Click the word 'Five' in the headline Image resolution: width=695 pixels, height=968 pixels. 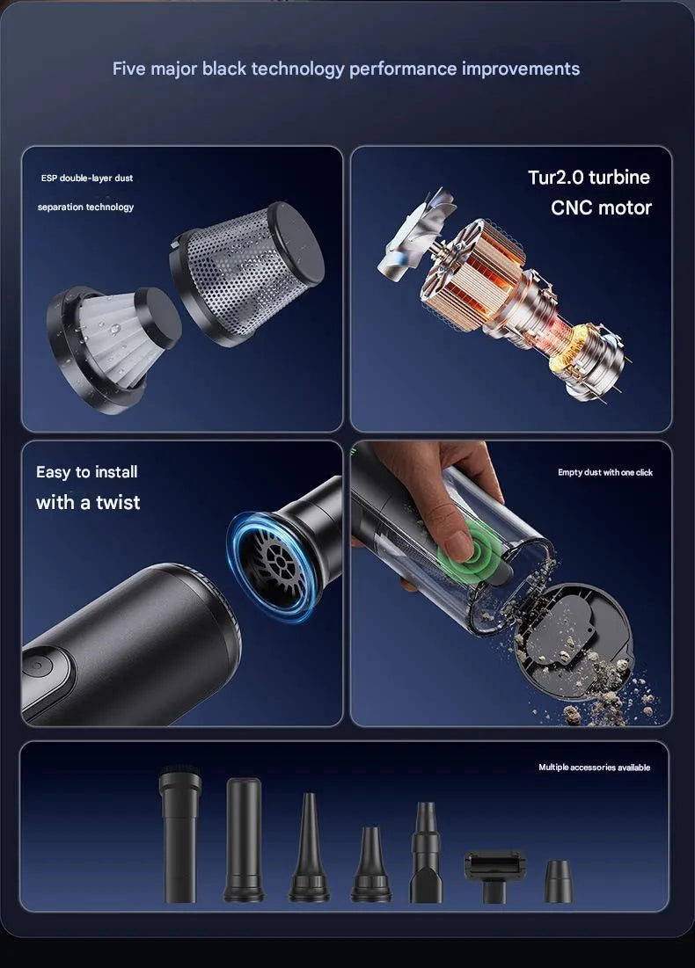pyautogui.click(x=129, y=68)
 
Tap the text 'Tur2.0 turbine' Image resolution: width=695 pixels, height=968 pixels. pyautogui.click(x=589, y=178)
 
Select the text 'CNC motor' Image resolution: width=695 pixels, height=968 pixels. pyautogui.click(x=601, y=207)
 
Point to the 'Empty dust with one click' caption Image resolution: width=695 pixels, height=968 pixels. pyautogui.click(x=604, y=472)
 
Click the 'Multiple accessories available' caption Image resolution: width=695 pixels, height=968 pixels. pyautogui.click(x=595, y=768)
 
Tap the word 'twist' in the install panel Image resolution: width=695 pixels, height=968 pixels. pyautogui.click(x=118, y=502)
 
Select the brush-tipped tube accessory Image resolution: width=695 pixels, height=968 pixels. pyautogui.click(x=179, y=833)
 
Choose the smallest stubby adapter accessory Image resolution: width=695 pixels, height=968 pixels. pyautogui.click(x=559, y=882)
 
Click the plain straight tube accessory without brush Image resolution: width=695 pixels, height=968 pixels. pyautogui.click(x=244, y=840)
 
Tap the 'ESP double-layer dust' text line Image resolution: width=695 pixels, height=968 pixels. pyautogui.click(x=87, y=178)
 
